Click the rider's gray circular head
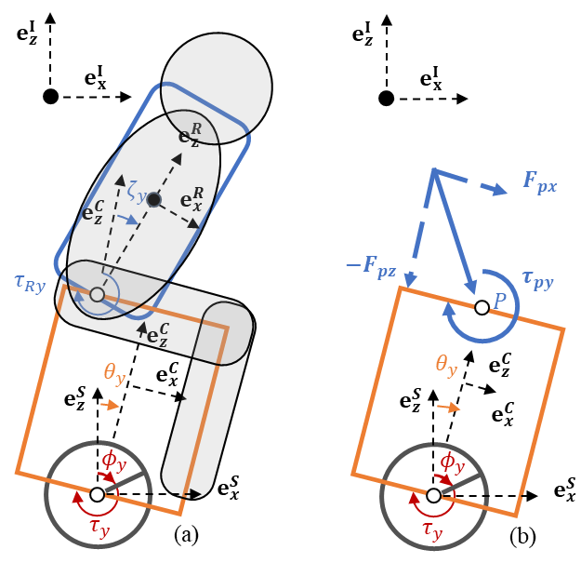(217, 86)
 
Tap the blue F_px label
(539, 182)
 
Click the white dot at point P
(482, 307)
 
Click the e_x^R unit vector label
(191, 200)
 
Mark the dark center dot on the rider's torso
(154, 199)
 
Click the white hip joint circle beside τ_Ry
(97, 294)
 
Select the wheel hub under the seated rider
(97, 495)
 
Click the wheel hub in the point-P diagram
(433, 496)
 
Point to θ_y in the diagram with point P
(446, 364)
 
